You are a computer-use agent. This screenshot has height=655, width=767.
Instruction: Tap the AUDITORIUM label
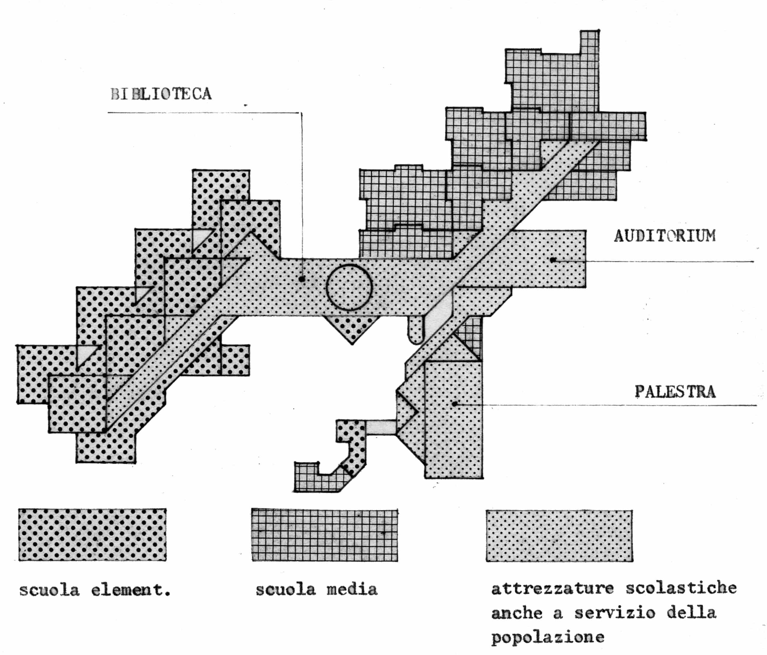pos(665,236)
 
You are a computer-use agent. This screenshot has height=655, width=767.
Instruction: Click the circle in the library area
pos(349,287)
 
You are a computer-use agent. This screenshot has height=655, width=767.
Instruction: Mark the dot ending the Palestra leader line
pos(455,404)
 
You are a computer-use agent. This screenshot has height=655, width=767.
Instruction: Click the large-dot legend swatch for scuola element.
pos(93,534)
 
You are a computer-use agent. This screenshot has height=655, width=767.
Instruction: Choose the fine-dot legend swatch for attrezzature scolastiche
pos(559,536)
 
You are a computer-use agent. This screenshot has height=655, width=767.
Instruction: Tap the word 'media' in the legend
pos(352,589)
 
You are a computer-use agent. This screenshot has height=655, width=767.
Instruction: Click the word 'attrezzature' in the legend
pos(552,588)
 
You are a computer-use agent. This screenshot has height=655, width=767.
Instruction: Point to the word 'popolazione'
pos(548,638)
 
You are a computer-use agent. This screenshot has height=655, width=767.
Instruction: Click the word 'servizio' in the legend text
pos(615,613)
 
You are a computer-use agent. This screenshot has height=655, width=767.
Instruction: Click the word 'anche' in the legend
pos(517,613)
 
